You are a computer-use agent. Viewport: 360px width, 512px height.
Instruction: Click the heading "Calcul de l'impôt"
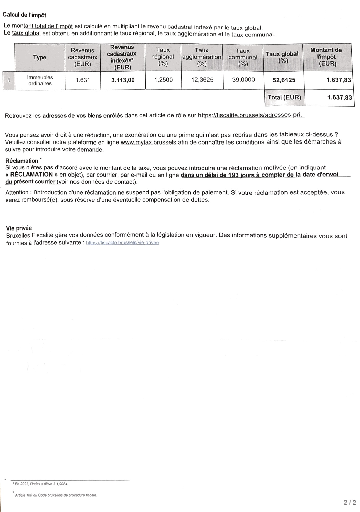(24, 15)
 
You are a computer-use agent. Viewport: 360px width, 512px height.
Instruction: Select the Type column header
(39, 57)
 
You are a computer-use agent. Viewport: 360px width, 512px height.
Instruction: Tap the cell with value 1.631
(82, 80)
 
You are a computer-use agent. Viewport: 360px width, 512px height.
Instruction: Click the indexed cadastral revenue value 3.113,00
(123, 80)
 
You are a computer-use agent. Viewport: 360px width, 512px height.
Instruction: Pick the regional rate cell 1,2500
(163, 80)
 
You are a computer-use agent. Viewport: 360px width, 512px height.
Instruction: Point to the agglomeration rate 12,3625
(202, 80)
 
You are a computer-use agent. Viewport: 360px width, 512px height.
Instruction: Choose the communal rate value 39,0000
(243, 80)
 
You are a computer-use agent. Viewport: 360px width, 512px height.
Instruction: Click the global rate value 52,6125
(284, 80)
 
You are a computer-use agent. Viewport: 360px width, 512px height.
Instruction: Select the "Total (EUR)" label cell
(284, 97)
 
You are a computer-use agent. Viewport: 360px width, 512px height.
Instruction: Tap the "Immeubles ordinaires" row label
(40, 80)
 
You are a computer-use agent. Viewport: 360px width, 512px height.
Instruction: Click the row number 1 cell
(9, 80)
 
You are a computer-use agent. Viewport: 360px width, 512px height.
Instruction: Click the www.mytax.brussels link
(148, 142)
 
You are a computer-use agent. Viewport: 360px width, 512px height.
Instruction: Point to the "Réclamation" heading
(22, 161)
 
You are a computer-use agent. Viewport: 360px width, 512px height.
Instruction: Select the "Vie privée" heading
(19, 228)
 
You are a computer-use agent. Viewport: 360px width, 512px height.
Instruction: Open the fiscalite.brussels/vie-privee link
(122, 243)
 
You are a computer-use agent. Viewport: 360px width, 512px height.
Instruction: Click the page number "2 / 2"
(350, 503)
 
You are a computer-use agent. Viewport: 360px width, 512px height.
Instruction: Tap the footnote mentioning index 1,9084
(41, 484)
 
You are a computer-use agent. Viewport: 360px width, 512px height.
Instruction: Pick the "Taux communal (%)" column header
(243, 57)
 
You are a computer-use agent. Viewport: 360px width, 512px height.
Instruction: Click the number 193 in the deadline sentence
(233, 175)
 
